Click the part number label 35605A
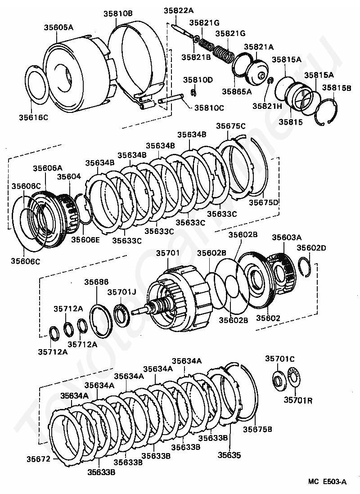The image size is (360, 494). (58, 27)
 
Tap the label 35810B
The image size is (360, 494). (118, 13)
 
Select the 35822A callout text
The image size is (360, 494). (178, 10)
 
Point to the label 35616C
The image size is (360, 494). (33, 117)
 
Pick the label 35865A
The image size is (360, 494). (237, 91)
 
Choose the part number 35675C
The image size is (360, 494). (231, 126)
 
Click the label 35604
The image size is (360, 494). (69, 176)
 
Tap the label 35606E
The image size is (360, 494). (85, 239)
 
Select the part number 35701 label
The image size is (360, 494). (168, 253)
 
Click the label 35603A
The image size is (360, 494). (287, 237)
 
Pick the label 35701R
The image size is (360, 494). (298, 400)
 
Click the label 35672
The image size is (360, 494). (38, 459)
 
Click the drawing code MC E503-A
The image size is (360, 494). (328, 482)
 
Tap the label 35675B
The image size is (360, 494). (257, 429)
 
